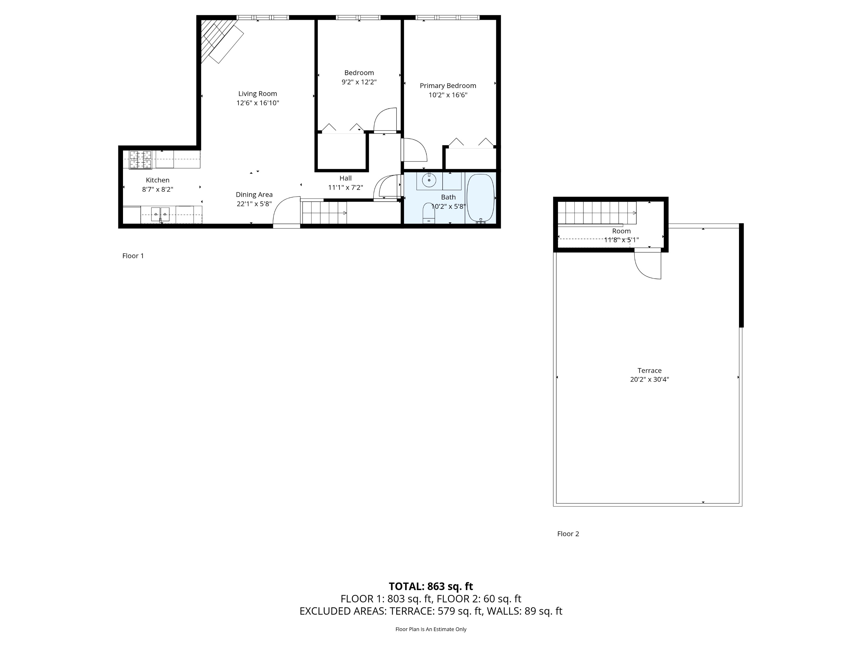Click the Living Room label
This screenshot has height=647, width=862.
[x=258, y=93]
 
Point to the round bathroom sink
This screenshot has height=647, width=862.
[x=429, y=181]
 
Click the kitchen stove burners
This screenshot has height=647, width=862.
[x=140, y=160]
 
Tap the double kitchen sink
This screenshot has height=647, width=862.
[x=160, y=214]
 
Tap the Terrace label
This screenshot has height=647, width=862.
[x=649, y=371]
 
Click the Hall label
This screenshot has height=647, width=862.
[x=345, y=178]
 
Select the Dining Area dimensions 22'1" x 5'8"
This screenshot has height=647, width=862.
[x=254, y=204]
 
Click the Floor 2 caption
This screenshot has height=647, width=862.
[x=568, y=534]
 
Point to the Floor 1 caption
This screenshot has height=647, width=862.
[x=133, y=256]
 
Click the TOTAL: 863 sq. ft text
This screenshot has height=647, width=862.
[x=431, y=586]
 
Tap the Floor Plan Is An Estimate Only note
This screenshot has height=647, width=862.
[x=431, y=629]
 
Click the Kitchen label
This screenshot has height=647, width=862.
[x=157, y=180]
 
